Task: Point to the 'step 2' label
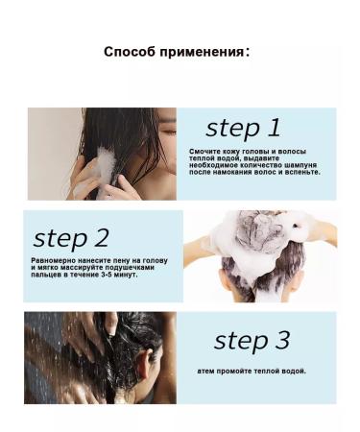coord(71,239)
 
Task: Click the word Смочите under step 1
coord(208,152)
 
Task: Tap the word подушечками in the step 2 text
coord(127,268)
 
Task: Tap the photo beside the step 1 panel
coord(102,154)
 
